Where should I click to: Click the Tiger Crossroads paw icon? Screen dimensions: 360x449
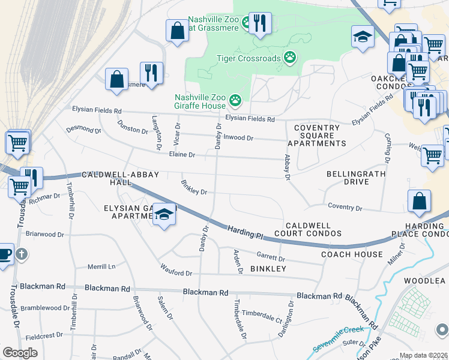(291, 57)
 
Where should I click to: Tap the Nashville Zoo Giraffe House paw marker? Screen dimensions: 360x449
(235, 101)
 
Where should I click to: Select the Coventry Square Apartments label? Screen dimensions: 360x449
(316, 136)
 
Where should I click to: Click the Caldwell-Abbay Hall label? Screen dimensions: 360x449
(121, 178)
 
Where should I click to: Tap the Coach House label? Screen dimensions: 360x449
(352, 254)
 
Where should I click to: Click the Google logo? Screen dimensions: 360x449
(20, 353)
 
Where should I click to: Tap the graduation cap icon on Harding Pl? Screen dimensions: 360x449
(163, 215)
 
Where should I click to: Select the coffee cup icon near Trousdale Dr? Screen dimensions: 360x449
(4, 253)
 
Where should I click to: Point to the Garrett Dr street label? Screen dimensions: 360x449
(272, 258)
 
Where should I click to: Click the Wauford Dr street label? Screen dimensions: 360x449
(175, 271)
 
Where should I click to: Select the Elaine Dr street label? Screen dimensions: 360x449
(183, 155)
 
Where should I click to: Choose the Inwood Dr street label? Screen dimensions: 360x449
(238, 137)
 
